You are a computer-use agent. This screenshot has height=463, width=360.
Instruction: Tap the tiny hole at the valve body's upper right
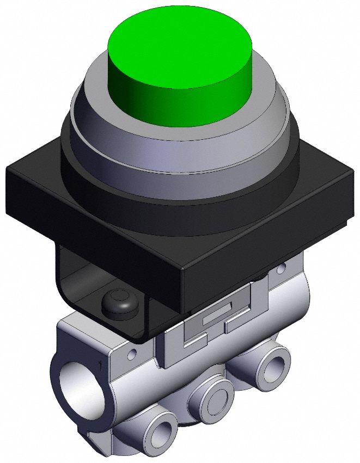click(281, 268)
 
